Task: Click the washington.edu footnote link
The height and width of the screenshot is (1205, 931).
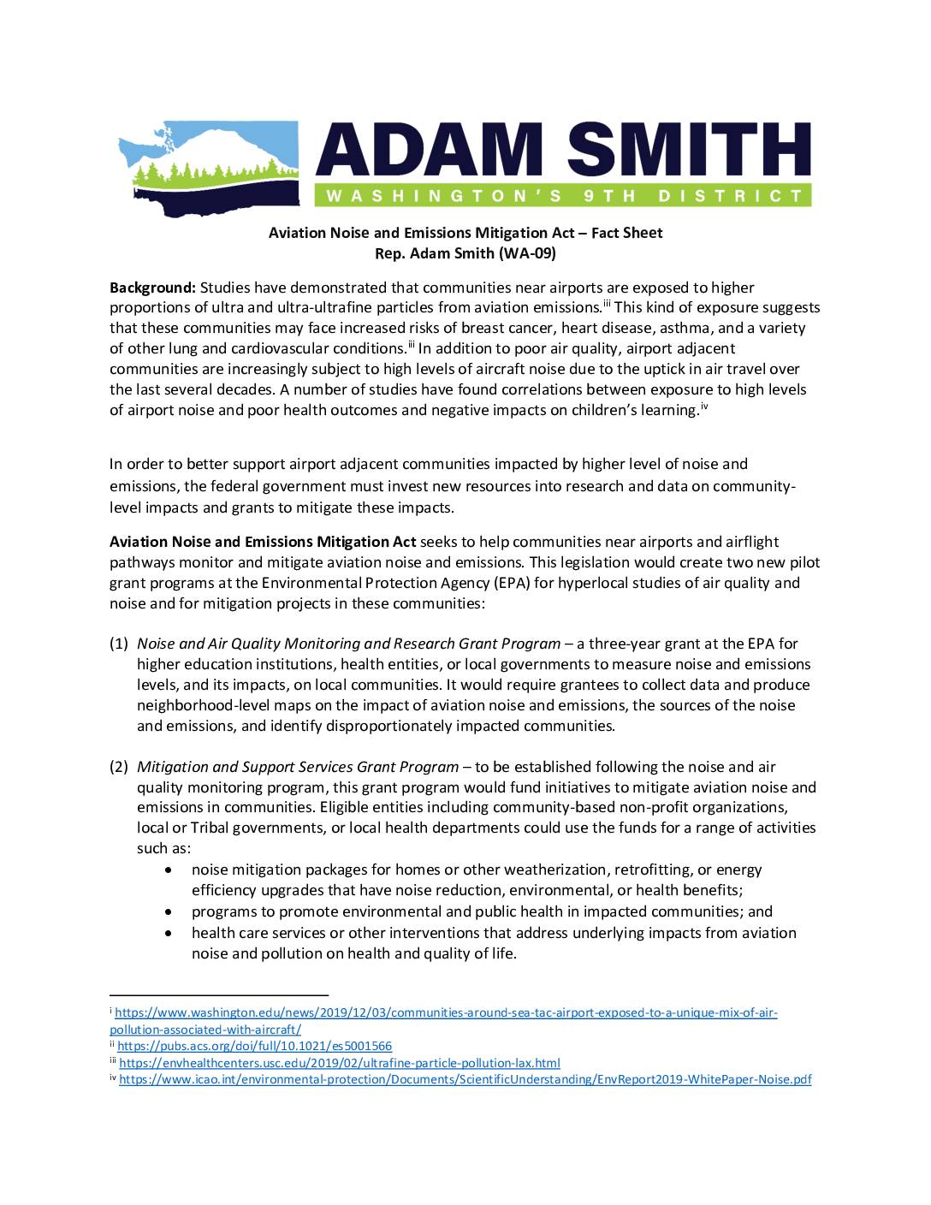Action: (x=445, y=1013)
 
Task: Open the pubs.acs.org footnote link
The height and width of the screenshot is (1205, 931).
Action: (x=254, y=1046)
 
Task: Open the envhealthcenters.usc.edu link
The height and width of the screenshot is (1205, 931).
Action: (x=339, y=1063)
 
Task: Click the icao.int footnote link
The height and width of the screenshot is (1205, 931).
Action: (x=465, y=1080)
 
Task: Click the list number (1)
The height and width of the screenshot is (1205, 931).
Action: (x=119, y=644)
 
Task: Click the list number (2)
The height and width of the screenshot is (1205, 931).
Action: (x=119, y=767)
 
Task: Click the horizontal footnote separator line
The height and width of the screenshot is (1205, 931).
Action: (x=219, y=994)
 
